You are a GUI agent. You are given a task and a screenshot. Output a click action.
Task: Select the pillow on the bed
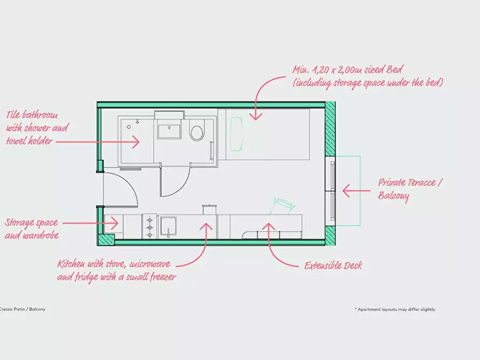coord(237,134)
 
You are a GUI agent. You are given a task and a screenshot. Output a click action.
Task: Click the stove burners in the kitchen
coord(149,227)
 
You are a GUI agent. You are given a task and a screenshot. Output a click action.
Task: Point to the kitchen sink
coord(168,227)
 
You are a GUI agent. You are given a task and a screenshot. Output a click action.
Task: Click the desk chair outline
coord(282,206)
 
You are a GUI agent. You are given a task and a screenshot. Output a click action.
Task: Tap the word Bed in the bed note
coord(395,69)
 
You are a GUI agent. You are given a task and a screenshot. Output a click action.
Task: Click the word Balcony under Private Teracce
coord(393,196)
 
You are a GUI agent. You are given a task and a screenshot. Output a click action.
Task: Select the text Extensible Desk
coord(333,265)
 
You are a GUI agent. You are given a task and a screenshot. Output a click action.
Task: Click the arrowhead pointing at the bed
coord(256,116)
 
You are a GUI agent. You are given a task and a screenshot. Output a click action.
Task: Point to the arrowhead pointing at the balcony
coord(346,190)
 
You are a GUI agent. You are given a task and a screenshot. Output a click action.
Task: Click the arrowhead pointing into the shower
coord(136,142)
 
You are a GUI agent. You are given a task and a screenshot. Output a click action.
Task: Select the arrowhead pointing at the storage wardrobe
coord(115,223)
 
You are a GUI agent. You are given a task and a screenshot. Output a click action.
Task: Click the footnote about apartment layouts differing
coord(395,309)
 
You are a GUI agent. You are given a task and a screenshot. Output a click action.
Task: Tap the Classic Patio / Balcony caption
coord(22,309)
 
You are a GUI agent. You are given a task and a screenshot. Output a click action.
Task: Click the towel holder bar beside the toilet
coord(211,150)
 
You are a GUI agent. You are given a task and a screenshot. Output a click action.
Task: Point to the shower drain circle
coord(129,127)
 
